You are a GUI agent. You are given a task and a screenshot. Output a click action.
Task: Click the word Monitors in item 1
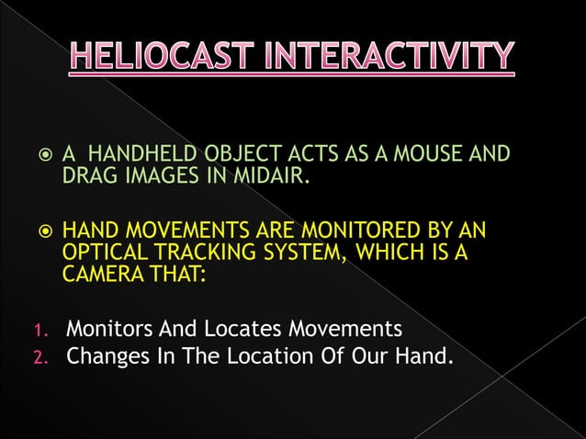pos(110,328)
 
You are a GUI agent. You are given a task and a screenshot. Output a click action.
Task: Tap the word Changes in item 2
pos(107,354)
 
